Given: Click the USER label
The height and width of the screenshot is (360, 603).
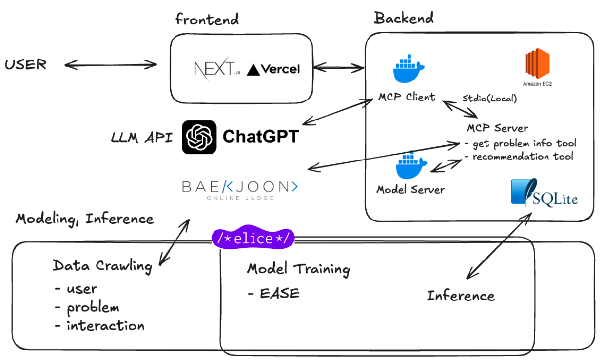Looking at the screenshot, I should point(25,64).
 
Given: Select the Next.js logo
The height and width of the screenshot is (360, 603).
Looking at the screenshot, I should point(216,69).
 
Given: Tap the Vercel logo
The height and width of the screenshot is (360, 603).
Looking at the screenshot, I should point(273,70).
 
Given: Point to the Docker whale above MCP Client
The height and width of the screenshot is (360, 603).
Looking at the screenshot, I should point(408,69).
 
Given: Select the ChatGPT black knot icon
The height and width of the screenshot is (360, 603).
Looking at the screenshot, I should point(199,137).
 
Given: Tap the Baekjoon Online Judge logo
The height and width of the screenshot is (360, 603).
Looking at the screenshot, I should point(239,189).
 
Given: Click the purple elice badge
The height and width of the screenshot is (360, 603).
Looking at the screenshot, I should point(253,238).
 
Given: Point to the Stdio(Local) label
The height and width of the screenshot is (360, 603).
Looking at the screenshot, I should point(489,99).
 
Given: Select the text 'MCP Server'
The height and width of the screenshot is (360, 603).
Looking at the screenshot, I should point(497,128).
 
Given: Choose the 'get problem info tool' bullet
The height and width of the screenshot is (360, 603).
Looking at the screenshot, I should point(520,143).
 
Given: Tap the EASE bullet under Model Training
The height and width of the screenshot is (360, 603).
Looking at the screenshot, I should point(273,293).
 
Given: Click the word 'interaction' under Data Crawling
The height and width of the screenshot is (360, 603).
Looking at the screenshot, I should point(105,325).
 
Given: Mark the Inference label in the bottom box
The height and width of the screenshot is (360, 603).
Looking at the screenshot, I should point(461,295).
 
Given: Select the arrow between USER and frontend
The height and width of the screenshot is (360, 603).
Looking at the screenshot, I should point(111,64).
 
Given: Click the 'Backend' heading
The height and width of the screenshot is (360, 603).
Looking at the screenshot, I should point(404,19).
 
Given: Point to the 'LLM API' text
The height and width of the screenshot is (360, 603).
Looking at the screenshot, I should point(141,137).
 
